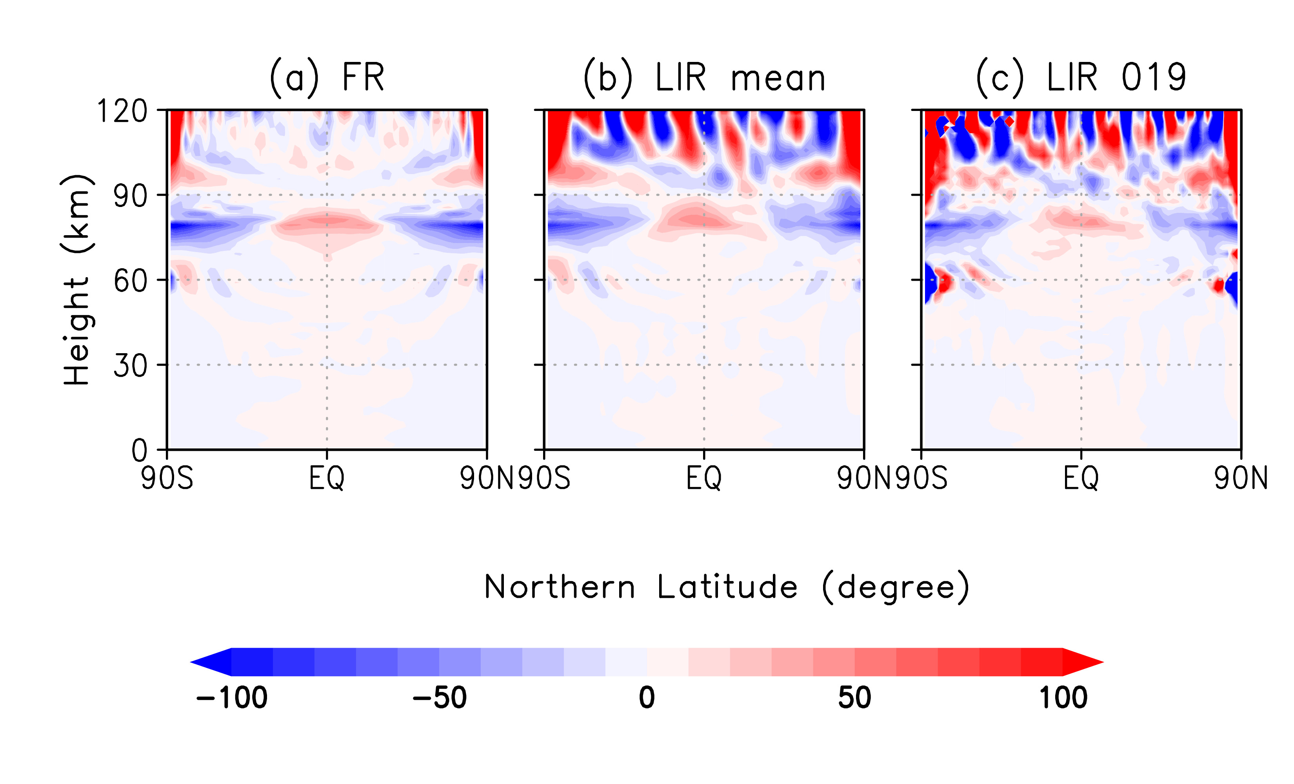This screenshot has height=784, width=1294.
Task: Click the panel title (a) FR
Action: pyautogui.click(x=327, y=77)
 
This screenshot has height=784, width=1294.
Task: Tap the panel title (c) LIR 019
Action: pyautogui.click(x=1080, y=77)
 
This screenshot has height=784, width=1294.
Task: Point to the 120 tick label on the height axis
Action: pyautogui.click(x=122, y=111)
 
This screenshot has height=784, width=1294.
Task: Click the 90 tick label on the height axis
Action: pyautogui.click(x=130, y=196)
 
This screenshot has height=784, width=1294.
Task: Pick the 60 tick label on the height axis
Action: pyautogui.click(x=130, y=281)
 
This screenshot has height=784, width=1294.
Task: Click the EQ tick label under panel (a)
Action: pyautogui.click(x=327, y=478)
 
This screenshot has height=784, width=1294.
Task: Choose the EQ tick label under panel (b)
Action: pyautogui.click(x=704, y=478)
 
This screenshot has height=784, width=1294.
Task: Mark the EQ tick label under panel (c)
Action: pyautogui.click(x=1081, y=478)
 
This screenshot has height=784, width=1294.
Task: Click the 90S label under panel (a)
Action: pyautogui.click(x=167, y=478)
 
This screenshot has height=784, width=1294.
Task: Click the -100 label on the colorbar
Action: pyautogui.click(x=232, y=698)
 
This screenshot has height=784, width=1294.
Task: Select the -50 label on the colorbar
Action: pyautogui.click(x=440, y=698)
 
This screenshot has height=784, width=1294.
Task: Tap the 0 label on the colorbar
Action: pyautogui.click(x=647, y=698)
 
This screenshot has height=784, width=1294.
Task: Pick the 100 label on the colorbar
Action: pyautogui.click(x=1063, y=698)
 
